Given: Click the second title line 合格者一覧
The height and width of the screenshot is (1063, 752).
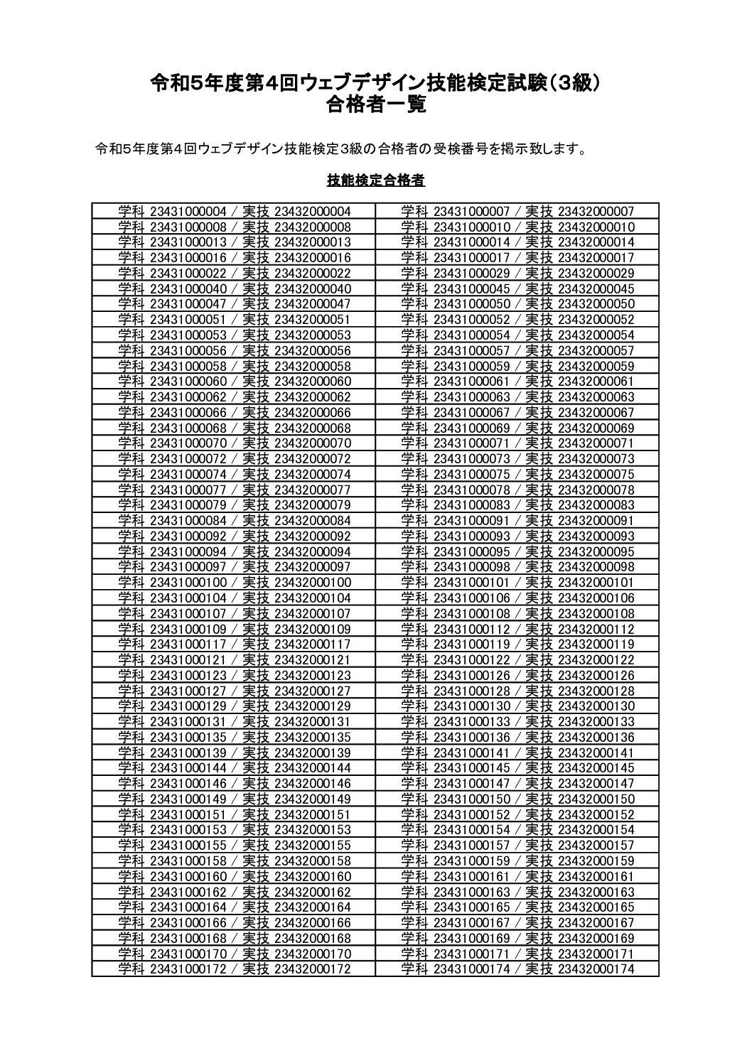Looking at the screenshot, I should pyautogui.click(x=376, y=105).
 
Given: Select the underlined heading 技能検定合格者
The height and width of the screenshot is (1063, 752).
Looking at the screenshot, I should pyautogui.click(x=376, y=180).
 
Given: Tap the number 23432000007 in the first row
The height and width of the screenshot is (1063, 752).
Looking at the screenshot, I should pyautogui.click(x=596, y=212).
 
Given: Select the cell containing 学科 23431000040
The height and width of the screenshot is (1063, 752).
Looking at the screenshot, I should pyautogui.click(x=234, y=289).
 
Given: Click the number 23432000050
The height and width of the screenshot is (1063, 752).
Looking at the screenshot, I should pyautogui.click(x=596, y=304).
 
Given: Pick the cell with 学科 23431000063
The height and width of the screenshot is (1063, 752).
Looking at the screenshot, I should pyautogui.click(x=517, y=397).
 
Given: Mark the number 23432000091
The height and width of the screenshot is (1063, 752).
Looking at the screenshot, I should pyautogui.click(x=596, y=521).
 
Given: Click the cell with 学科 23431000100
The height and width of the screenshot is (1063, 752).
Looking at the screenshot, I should pyautogui.click(x=234, y=583).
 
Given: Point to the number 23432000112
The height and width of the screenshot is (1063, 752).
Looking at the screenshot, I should pyautogui.click(x=596, y=629).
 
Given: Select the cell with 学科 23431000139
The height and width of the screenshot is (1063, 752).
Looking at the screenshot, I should pyautogui.click(x=234, y=752).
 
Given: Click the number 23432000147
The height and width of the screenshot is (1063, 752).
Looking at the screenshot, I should pyautogui.click(x=596, y=784).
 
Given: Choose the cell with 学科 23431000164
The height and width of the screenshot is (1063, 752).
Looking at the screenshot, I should pyautogui.click(x=234, y=907).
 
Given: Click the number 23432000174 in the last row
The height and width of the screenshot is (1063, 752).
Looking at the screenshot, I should pyautogui.click(x=596, y=969).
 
